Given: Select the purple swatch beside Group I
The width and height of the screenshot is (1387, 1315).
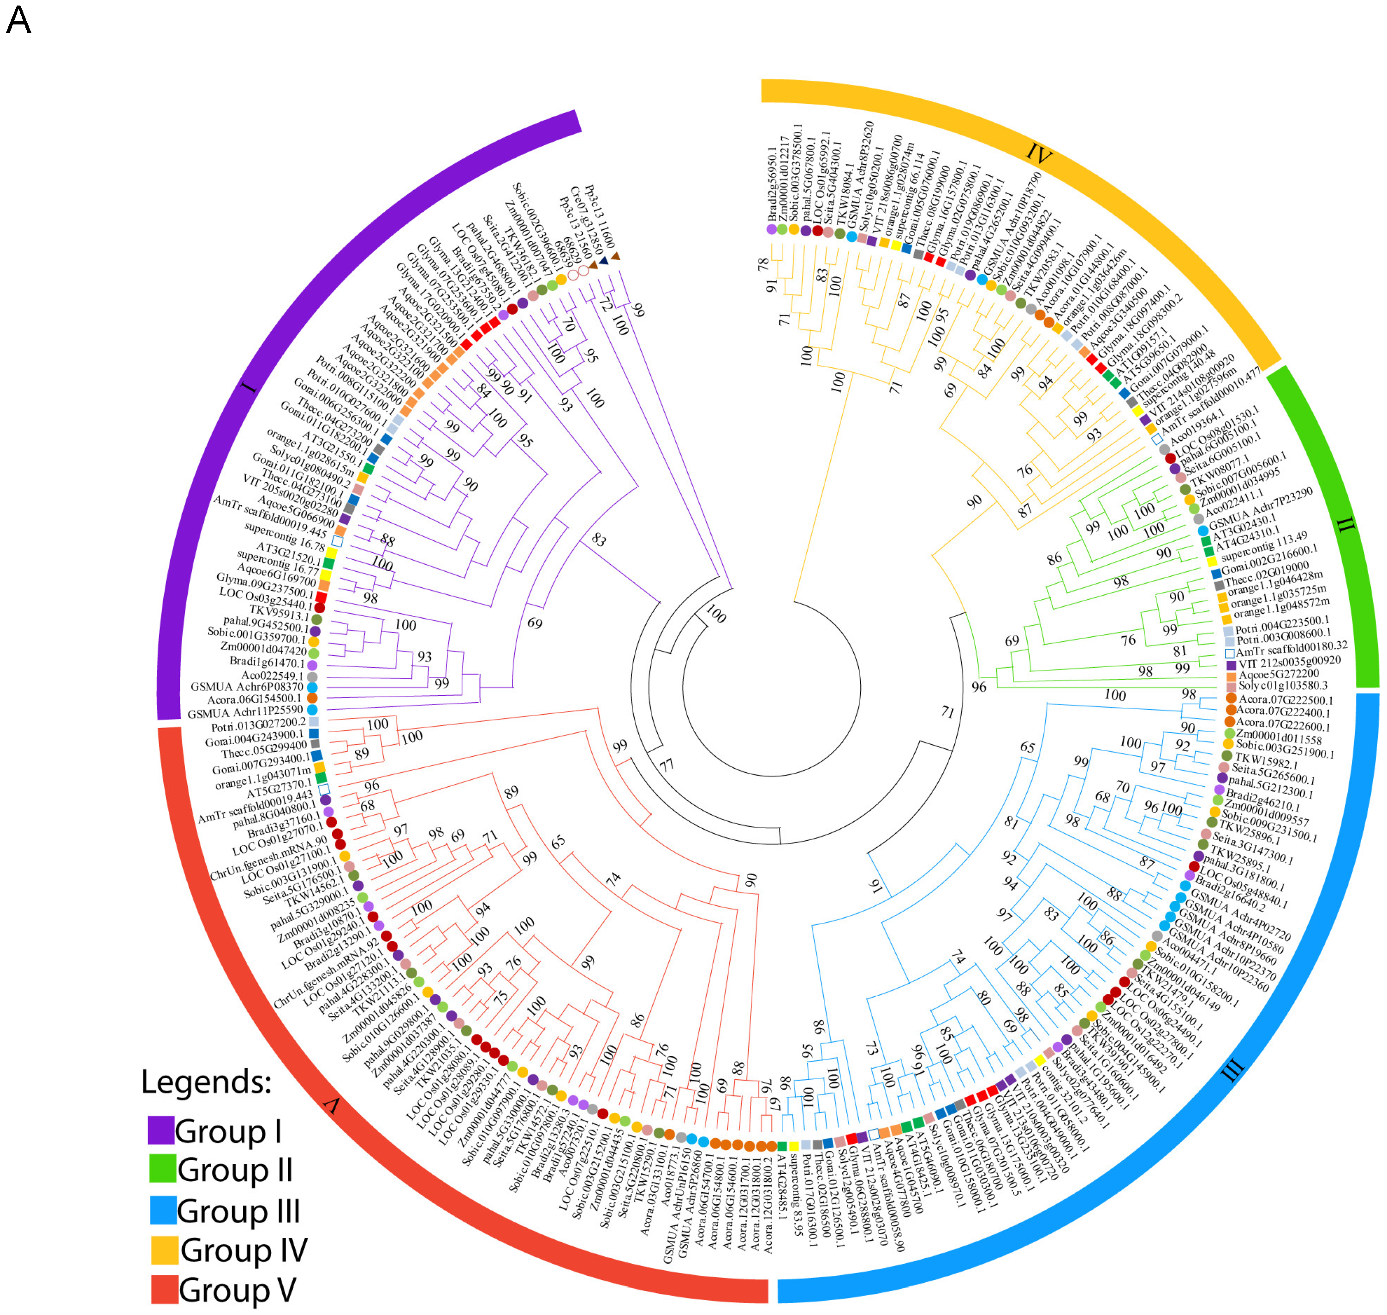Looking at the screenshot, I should click(161, 1130).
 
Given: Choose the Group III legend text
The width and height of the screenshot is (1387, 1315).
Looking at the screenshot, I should click(238, 1211).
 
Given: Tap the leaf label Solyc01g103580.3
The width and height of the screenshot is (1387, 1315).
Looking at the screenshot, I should click(1283, 686).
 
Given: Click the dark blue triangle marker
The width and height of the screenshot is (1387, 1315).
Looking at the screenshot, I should click(603, 261).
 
